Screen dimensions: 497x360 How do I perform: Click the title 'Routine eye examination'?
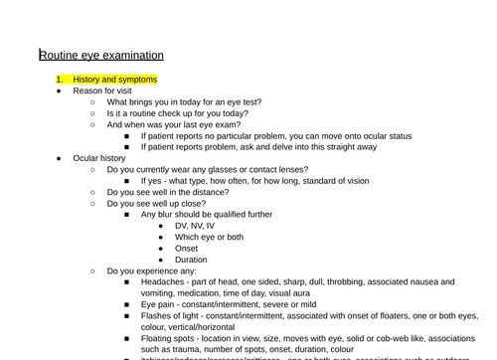(101, 55)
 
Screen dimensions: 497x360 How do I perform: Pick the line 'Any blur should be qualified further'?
(208, 214)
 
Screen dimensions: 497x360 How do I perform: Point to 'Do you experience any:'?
(151, 270)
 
